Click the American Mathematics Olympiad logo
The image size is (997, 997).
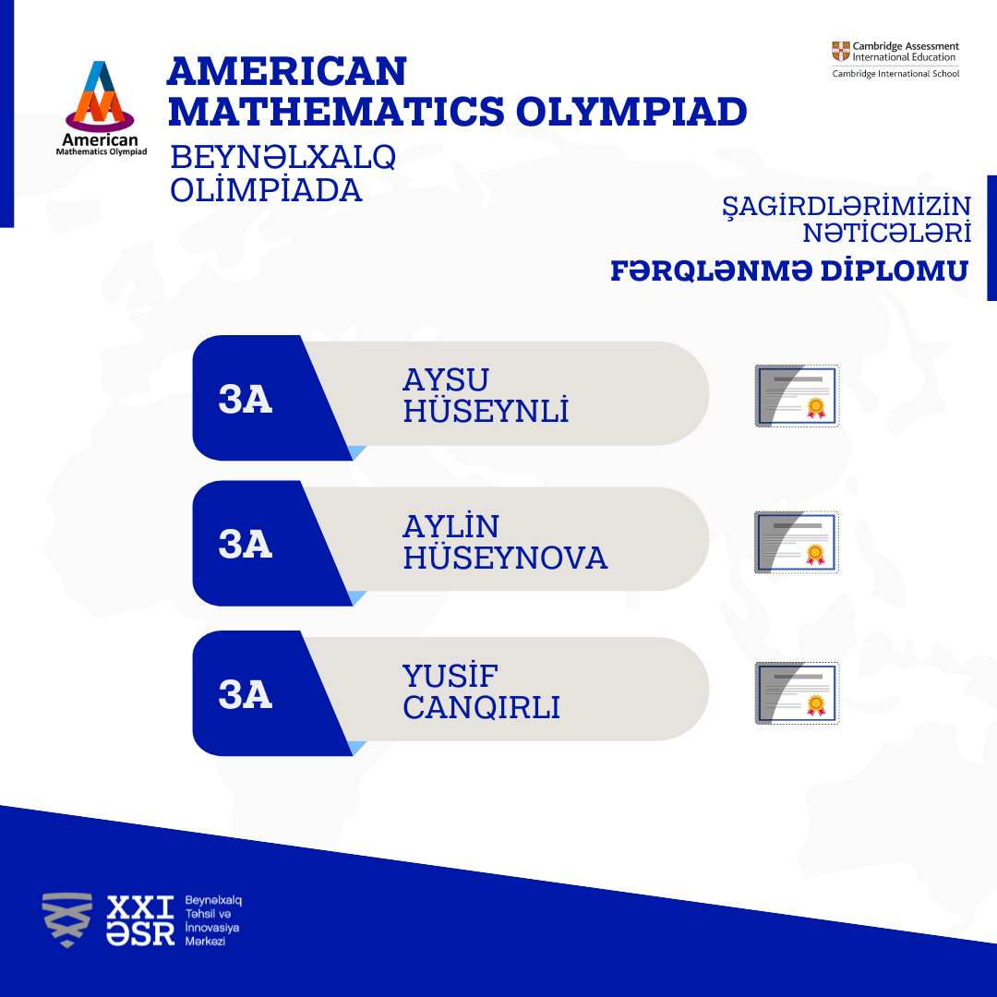tap(102, 108)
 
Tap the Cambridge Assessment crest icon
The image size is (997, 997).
tap(841, 52)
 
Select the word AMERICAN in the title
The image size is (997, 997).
tap(287, 71)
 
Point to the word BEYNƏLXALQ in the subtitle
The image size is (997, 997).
tap(283, 157)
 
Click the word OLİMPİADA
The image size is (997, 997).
tap(266, 190)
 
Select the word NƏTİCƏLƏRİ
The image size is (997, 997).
tap(887, 234)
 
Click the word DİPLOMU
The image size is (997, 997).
tap(894, 270)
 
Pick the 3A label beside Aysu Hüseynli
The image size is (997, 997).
tap(246, 400)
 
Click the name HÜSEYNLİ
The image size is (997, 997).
tap(486, 410)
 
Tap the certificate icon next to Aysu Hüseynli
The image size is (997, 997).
tap(797, 395)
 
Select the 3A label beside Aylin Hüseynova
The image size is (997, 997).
tap(246, 545)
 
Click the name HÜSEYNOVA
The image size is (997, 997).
tap(506, 557)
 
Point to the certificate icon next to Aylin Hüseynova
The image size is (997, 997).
tap(797, 542)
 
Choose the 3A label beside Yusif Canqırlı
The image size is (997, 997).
tap(246, 694)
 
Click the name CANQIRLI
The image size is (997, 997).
tap(481, 707)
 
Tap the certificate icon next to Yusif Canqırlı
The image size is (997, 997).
tap(797, 692)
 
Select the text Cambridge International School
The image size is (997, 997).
tap(895, 74)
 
